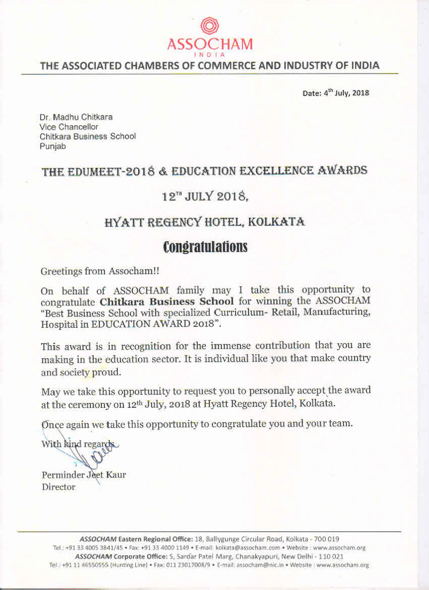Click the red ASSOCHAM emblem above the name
click(x=210, y=26)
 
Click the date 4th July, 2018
click(x=346, y=93)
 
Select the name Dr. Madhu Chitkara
click(x=76, y=117)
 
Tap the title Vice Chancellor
click(x=69, y=127)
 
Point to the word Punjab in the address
click(x=53, y=146)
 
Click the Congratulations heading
click(x=205, y=247)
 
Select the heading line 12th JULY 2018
click(x=205, y=197)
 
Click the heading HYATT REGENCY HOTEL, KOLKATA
click(x=205, y=222)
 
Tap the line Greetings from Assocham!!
click(x=100, y=271)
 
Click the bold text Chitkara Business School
click(x=167, y=301)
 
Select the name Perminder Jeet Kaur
click(x=84, y=475)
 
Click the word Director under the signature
click(x=58, y=487)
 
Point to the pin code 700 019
click(x=326, y=539)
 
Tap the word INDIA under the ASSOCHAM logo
click(x=210, y=55)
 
